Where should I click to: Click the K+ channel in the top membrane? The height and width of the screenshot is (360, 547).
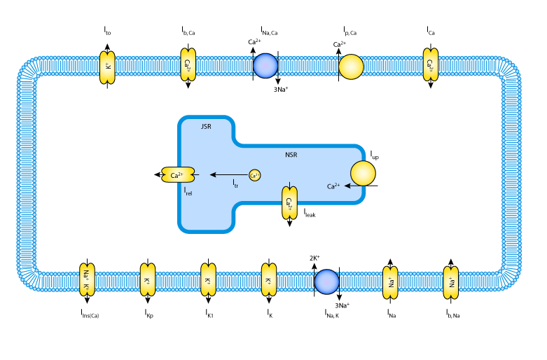(x=107, y=67)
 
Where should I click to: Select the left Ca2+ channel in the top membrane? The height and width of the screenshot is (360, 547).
(x=188, y=65)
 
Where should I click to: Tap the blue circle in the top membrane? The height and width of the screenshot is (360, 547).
(x=265, y=66)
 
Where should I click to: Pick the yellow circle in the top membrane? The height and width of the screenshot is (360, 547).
(x=351, y=67)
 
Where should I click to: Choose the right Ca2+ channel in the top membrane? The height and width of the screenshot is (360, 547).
(x=430, y=65)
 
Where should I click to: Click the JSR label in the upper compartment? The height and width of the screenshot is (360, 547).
(x=206, y=127)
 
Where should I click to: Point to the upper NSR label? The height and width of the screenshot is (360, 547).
(x=291, y=155)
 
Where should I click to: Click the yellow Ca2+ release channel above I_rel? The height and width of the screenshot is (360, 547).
(x=178, y=174)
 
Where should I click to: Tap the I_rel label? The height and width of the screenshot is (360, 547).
(x=188, y=190)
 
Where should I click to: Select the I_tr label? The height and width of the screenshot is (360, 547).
(x=235, y=184)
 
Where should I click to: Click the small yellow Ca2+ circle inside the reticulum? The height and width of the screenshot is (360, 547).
(x=254, y=175)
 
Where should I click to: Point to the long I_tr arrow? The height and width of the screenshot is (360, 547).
(x=228, y=174)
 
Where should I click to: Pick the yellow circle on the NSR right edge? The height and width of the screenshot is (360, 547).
(x=363, y=173)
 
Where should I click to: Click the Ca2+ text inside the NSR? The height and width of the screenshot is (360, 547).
(x=333, y=186)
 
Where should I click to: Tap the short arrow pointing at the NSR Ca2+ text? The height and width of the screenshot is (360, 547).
(x=348, y=186)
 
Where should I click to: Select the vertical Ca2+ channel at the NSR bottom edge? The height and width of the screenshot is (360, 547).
(x=289, y=202)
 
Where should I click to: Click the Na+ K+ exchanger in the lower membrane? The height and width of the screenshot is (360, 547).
(x=87, y=279)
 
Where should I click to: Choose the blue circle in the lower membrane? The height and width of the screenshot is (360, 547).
(x=326, y=282)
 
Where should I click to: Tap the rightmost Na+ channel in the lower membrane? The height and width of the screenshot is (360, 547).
(x=451, y=282)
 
